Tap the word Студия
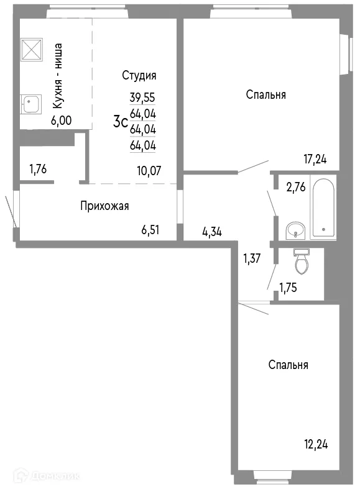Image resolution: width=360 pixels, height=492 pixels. [x=139, y=76]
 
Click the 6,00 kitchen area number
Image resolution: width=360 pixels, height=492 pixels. [x=61, y=121]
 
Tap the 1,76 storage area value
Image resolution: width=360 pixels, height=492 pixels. [x=38, y=168]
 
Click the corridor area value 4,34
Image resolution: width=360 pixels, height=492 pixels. [x=212, y=232]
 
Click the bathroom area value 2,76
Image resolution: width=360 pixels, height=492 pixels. [x=296, y=188]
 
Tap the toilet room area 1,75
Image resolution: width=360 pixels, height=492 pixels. [x=289, y=287]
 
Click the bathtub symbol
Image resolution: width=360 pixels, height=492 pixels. [x=323, y=207]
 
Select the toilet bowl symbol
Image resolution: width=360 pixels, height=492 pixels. [x=302, y=261]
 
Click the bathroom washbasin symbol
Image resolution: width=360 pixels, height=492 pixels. [x=295, y=230]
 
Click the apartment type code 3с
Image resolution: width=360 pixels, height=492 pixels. [x=120, y=122]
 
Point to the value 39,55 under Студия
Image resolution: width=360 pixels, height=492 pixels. [x=142, y=97]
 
